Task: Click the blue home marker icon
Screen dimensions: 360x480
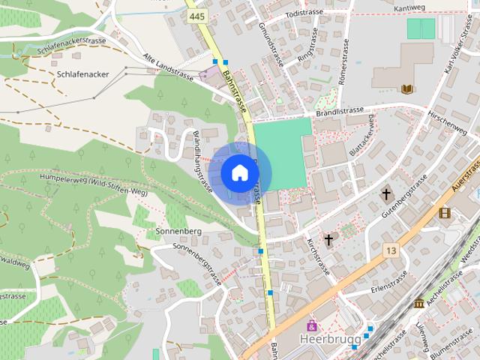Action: (239, 173)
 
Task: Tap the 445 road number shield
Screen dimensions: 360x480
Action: (197, 16)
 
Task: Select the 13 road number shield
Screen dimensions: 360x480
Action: (390, 250)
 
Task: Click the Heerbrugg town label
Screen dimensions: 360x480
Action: (325, 339)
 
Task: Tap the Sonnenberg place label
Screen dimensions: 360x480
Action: (178, 231)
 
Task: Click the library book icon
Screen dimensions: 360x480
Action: (407, 89)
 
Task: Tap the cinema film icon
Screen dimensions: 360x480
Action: (445, 213)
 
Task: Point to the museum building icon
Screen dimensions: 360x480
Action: (418, 303)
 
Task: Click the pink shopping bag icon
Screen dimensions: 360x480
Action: (312, 325)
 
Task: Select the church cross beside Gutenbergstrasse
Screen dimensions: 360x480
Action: (387, 195)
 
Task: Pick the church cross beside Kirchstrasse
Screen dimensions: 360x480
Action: (328, 240)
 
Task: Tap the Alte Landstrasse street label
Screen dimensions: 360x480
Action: (169, 67)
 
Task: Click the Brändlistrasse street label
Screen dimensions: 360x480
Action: (340, 111)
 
